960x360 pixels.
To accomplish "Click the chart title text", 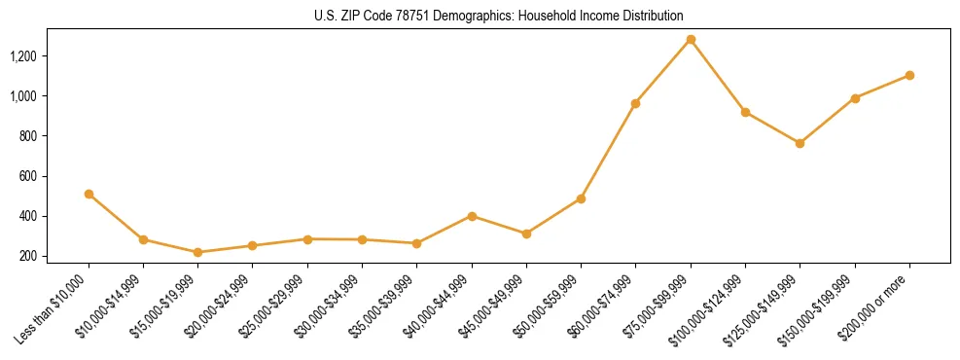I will coord(499,16).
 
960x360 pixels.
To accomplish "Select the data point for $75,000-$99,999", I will coord(691,39).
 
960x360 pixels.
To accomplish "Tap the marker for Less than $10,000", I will coord(89,194).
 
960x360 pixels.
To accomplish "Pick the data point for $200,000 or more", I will coord(909,75).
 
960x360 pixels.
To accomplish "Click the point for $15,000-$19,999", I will coord(198,252).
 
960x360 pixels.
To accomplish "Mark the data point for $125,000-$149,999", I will coord(800,143).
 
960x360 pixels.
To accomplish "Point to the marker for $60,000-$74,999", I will coord(635,103).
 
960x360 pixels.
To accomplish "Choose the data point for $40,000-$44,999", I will coord(472,216).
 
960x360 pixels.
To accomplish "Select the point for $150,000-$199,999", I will coord(855,98).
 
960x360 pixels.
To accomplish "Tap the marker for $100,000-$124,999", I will coord(745,112).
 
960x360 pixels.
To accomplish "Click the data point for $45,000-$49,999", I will coord(526,234).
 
